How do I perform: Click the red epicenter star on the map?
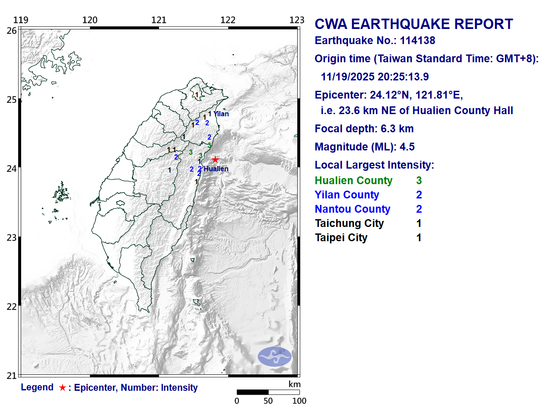point(215,160)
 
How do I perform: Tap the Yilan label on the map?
point(221,114)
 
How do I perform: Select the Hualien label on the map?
point(216,169)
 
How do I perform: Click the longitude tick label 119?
point(21,20)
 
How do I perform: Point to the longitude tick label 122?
point(228,20)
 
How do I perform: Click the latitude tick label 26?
point(12,31)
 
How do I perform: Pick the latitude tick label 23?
point(12,238)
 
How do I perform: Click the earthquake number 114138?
point(417,41)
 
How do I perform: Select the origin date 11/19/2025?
point(347,77)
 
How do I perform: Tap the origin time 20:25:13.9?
point(403,77)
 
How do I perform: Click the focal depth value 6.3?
point(385,129)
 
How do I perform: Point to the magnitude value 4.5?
point(407,147)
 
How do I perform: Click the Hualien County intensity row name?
point(353,181)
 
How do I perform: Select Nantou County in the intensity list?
point(353,209)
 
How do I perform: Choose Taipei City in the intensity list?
point(341,238)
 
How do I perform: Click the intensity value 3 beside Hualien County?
point(419,181)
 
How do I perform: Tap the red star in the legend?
point(63,388)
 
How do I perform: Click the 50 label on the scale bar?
point(268,401)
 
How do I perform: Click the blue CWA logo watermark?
point(275,357)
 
